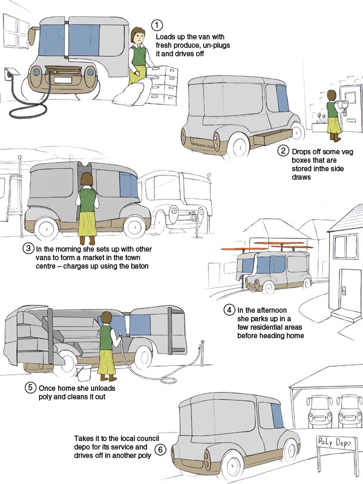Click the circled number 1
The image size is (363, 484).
point(157,25)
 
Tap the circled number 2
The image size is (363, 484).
point(283,151)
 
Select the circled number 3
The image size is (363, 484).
point(28,248)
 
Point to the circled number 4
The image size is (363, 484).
point(229,310)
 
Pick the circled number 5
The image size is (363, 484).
point(30,387)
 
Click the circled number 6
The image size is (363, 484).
point(160,450)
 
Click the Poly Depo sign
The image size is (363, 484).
point(335,442)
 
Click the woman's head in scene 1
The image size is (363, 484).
point(138,36)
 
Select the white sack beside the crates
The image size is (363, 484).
point(132,91)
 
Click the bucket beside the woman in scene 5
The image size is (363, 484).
point(83,372)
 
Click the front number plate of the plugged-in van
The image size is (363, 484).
point(63,80)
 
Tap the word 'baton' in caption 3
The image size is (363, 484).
point(139,266)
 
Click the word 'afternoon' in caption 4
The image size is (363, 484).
point(270,310)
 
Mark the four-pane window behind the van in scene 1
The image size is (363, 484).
point(16,31)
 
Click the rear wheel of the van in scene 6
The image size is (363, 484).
point(232,465)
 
